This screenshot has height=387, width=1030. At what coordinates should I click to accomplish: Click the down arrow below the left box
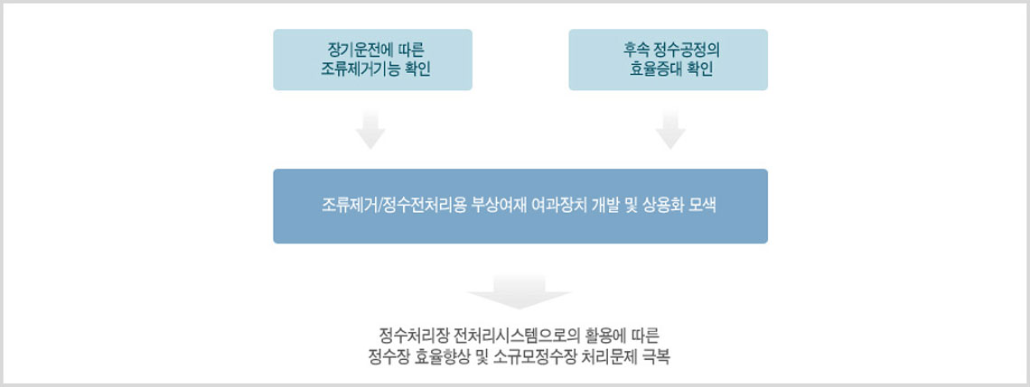point(370,129)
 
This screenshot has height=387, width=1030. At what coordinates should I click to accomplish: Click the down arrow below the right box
point(670,129)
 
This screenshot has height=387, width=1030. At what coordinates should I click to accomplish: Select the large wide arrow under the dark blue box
point(519,292)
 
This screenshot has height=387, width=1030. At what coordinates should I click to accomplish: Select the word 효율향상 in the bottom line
point(439,358)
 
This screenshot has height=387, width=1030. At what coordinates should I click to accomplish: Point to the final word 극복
point(656,358)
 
